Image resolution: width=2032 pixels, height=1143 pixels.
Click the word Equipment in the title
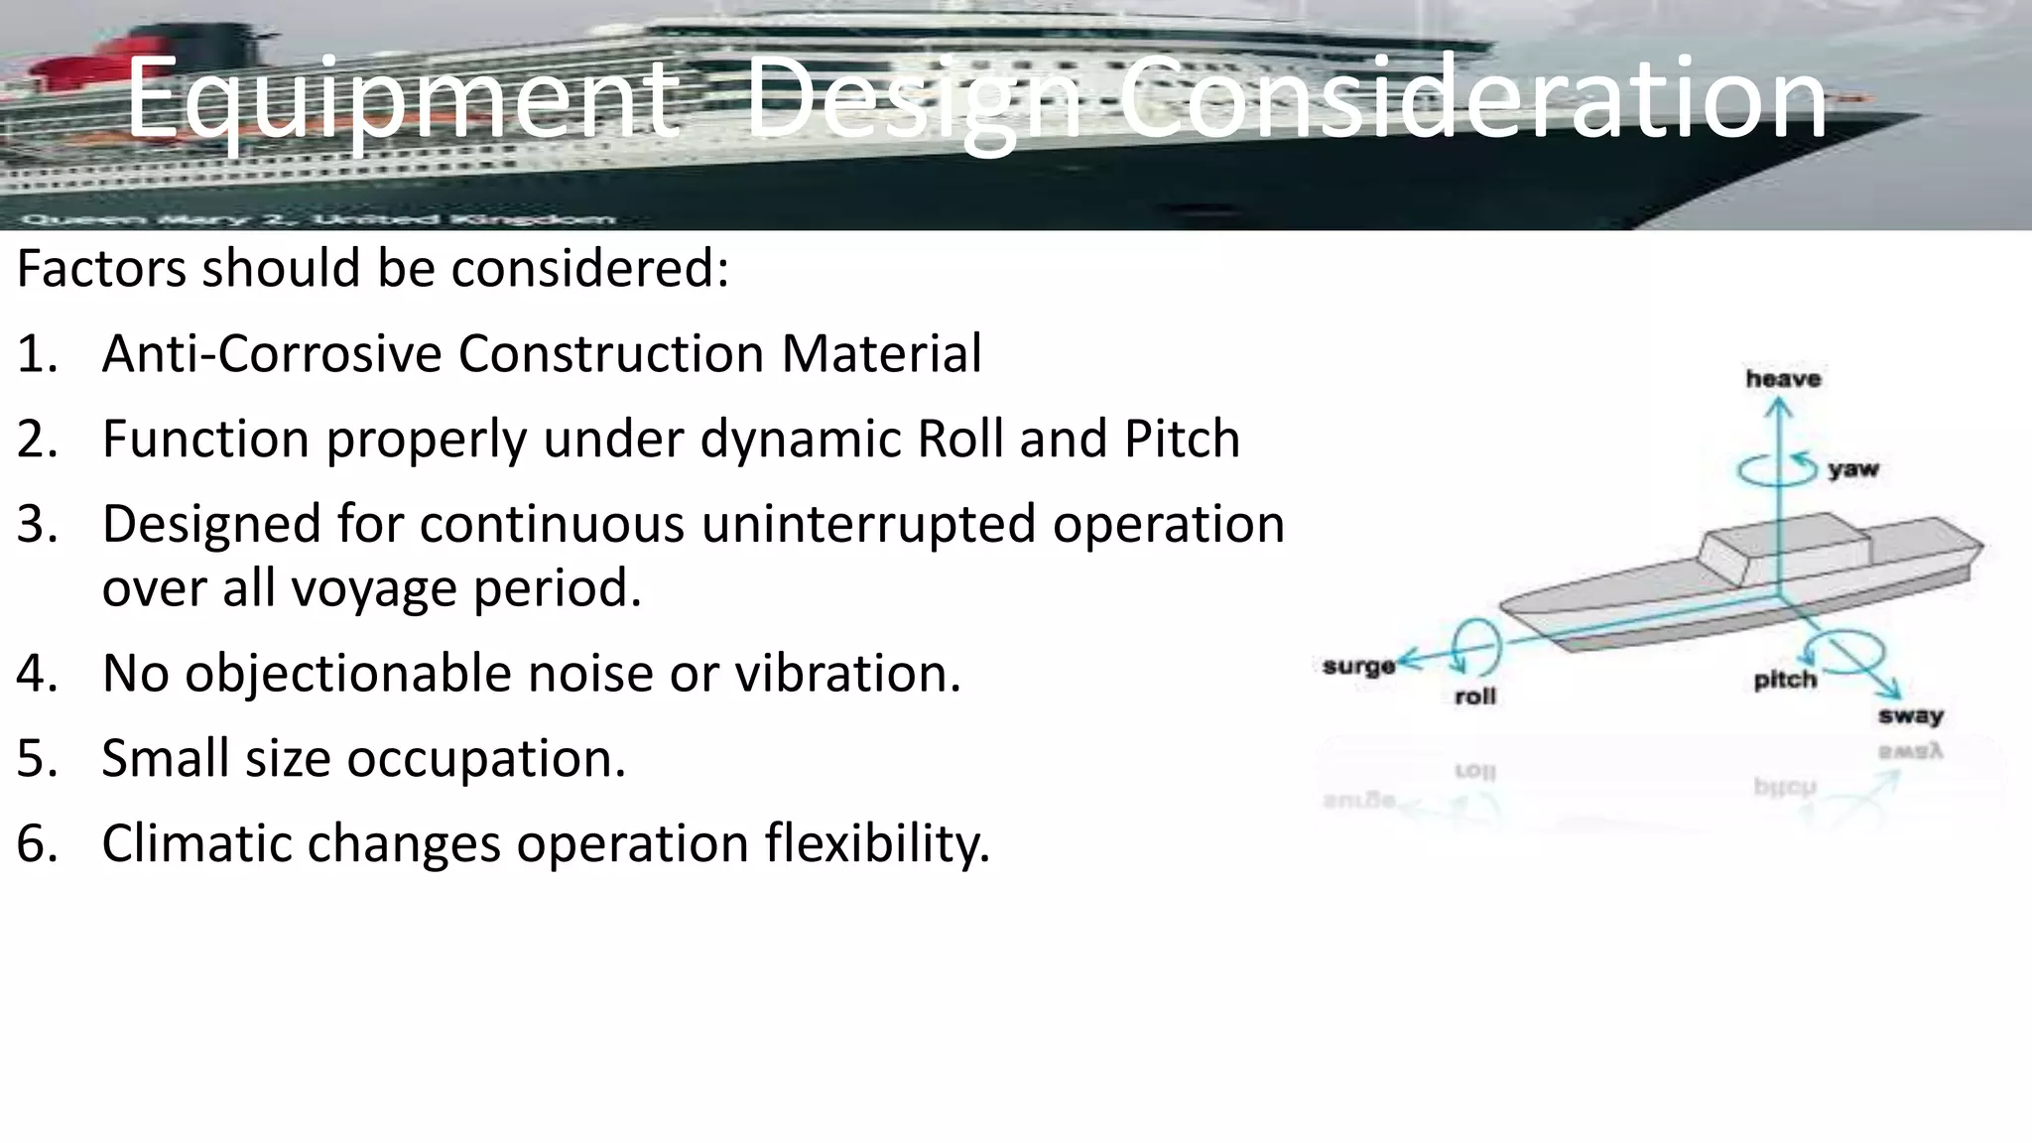coord(401,99)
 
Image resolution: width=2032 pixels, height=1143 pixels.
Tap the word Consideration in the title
coord(1472,99)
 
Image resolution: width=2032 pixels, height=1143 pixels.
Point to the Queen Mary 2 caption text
coord(317,218)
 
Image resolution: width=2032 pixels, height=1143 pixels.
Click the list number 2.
coord(37,440)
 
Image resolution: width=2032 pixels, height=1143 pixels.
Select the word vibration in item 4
coord(847,674)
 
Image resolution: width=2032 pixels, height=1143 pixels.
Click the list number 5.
coord(37,759)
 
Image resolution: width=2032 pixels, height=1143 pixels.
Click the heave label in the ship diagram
coord(1783,379)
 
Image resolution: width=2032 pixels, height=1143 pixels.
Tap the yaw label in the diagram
coord(1853,468)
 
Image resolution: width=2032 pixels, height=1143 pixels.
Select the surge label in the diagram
coord(1358,666)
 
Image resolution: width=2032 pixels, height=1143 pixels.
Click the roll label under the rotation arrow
coord(1474,697)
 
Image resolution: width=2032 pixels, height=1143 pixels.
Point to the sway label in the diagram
coord(1910,715)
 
